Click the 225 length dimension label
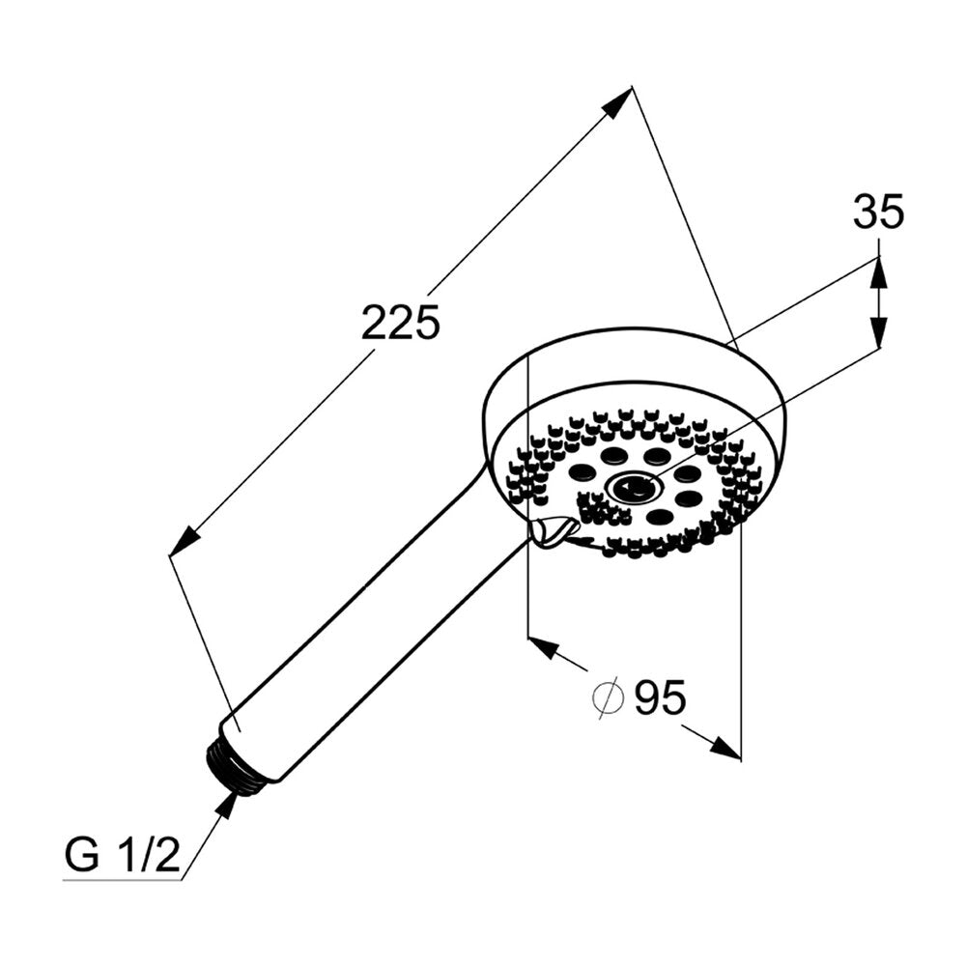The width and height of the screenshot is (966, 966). (x=401, y=322)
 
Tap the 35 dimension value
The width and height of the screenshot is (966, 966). (x=878, y=212)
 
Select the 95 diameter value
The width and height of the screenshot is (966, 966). (x=660, y=697)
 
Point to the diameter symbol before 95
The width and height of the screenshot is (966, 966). (x=608, y=697)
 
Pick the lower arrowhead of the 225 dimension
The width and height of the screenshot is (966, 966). (x=185, y=541)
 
